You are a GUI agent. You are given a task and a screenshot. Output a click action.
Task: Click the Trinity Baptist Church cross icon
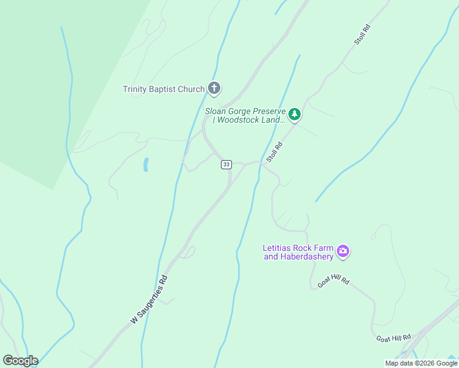[214, 89]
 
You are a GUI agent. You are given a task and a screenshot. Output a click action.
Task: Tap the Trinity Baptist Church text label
[163, 90]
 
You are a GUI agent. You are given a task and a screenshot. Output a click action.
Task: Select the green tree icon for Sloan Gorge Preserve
[295, 113]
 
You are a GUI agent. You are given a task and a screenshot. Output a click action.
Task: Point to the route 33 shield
[226, 164]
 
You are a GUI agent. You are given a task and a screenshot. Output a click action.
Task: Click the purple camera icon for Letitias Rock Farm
[343, 251]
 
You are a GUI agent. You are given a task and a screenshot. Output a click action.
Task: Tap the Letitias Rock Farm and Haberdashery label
[298, 252]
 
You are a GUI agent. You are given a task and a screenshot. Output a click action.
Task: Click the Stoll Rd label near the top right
[363, 34]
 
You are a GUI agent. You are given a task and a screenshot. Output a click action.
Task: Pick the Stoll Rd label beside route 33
[274, 153]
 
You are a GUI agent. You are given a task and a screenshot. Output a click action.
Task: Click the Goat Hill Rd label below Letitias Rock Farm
[333, 281]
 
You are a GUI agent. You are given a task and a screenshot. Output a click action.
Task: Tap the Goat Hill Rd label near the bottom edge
[393, 339]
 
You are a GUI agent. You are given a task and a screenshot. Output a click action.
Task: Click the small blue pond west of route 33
[145, 164]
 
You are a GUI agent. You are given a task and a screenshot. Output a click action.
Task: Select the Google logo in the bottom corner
[20, 361]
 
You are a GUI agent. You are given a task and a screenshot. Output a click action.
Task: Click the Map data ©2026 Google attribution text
[421, 363]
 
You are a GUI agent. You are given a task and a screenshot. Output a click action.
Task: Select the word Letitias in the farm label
[277, 248]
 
